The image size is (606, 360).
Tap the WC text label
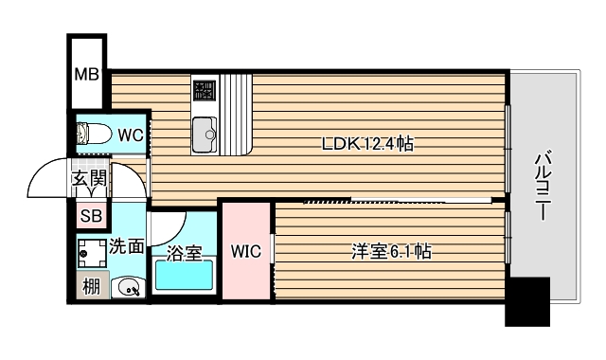click(131, 135)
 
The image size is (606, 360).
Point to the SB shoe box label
click(91, 215)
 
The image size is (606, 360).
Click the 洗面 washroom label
click(126, 246)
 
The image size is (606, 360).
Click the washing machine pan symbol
click(91, 252)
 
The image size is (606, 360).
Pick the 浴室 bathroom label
click(184, 253)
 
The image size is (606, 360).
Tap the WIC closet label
click(246, 252)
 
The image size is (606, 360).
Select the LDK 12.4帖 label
click(367, 144)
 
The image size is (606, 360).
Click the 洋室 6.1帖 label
click(392, 252)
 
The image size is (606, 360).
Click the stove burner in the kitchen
click(205, 91)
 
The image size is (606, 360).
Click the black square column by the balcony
click(526, 301)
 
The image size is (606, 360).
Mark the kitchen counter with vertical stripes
click(239, 114)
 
